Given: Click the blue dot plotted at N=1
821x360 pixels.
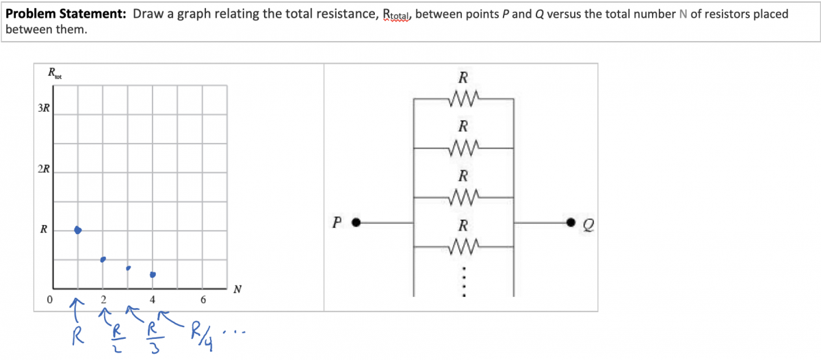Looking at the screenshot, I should [78, 230].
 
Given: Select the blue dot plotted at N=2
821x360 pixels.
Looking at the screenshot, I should [103, 259].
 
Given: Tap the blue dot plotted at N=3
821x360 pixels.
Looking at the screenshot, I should [128, 268].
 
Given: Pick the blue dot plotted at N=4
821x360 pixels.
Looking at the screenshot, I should [153, 274].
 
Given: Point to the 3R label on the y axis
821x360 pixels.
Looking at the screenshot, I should [43, 108].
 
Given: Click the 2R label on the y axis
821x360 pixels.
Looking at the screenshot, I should [43, 169].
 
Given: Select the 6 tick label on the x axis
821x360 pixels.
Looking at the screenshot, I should [203, 299].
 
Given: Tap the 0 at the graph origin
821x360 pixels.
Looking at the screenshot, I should [49, 299].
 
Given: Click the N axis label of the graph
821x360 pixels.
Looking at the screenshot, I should [237, 289].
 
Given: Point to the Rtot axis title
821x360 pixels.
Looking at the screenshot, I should [55, 73].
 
